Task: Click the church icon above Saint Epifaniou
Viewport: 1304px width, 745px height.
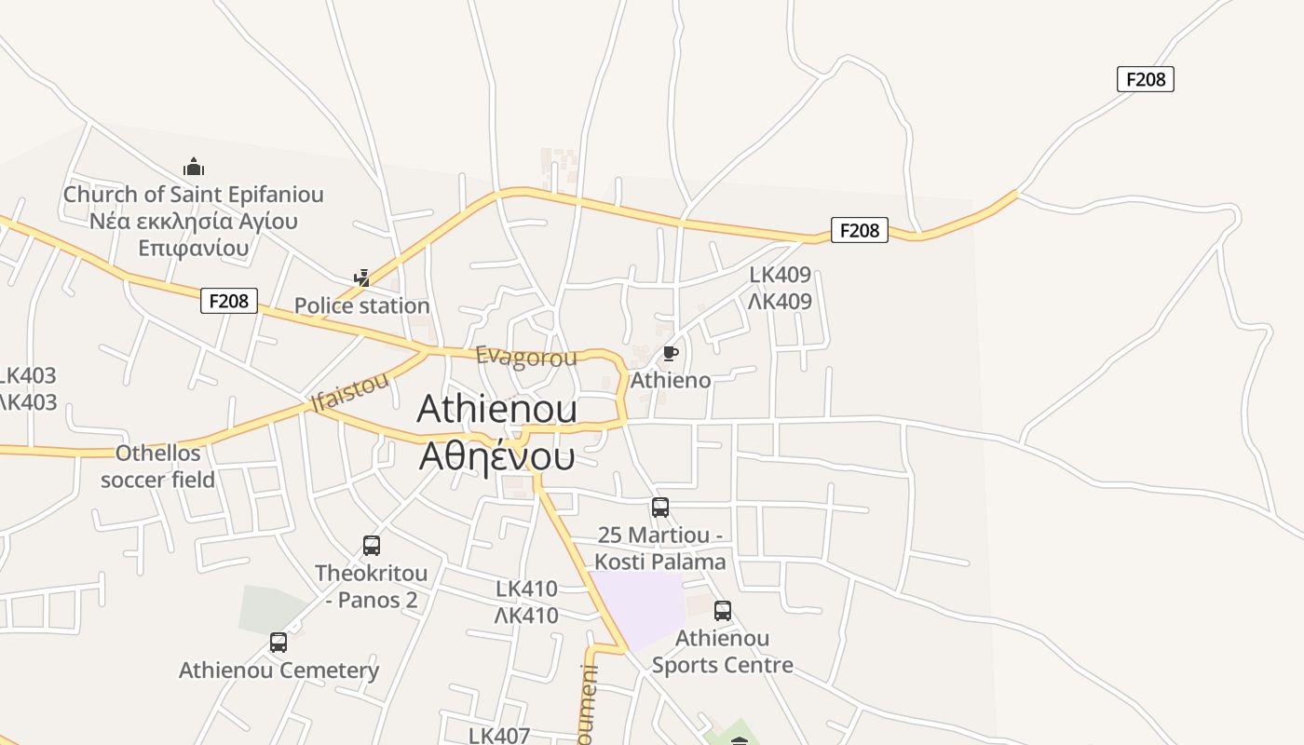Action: (194, 168)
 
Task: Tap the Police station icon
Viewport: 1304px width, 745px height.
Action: (362, 278)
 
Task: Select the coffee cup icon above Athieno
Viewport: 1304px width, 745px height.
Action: (670, 353)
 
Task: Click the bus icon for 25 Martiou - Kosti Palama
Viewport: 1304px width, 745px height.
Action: (659, 508)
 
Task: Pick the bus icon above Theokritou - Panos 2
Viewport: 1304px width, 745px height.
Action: (372, 546)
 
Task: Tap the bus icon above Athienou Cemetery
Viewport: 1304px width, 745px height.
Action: (278, 643)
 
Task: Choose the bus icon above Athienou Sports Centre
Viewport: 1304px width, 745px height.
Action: (723, 611)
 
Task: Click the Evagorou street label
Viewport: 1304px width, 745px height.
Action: (526, 357)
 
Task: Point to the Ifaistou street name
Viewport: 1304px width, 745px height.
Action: (349, 392)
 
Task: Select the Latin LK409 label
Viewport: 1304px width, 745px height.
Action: (781, 275)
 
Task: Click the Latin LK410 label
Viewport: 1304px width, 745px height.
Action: (526, 589)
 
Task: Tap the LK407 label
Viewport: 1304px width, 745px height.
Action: (498, 735)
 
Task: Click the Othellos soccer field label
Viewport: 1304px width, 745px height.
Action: (157, 467)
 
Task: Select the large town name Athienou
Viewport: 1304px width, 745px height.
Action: (496, 409)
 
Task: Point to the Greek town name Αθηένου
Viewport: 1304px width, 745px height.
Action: (496, 456)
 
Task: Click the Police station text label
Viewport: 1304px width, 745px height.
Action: (361, 305)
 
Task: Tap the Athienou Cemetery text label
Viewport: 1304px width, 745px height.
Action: (278, 670)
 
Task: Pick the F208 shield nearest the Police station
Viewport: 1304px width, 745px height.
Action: (229, 301)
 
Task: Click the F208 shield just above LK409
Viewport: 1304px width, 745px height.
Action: (859, 230)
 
